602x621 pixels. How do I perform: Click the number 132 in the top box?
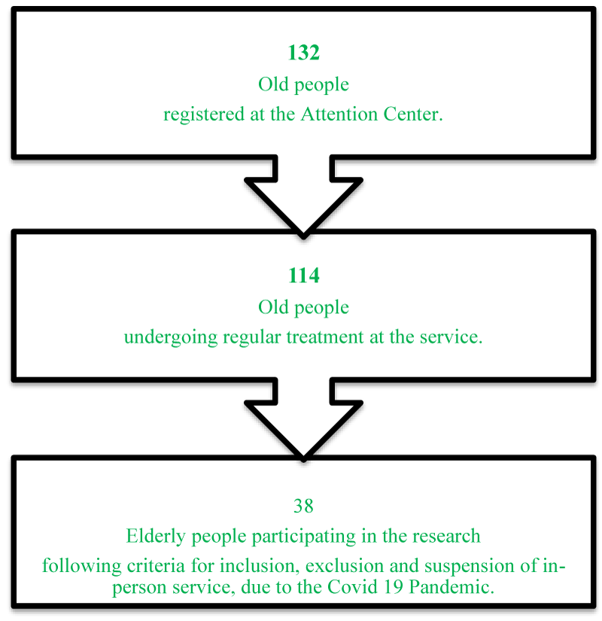303,53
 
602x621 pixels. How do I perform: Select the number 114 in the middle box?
303,275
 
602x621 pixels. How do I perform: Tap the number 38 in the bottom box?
303,506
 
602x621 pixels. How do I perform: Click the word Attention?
339,114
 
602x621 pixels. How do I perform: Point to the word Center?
412,114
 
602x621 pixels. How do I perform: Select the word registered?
204,115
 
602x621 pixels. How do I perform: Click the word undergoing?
171,338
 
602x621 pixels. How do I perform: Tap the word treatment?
325,337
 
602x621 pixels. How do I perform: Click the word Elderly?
156,537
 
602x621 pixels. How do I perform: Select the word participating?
304,537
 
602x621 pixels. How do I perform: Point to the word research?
446,536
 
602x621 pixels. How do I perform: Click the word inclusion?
260,566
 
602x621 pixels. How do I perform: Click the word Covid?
352,587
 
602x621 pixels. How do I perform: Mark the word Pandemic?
451,587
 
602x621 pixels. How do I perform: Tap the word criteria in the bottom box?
156,566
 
